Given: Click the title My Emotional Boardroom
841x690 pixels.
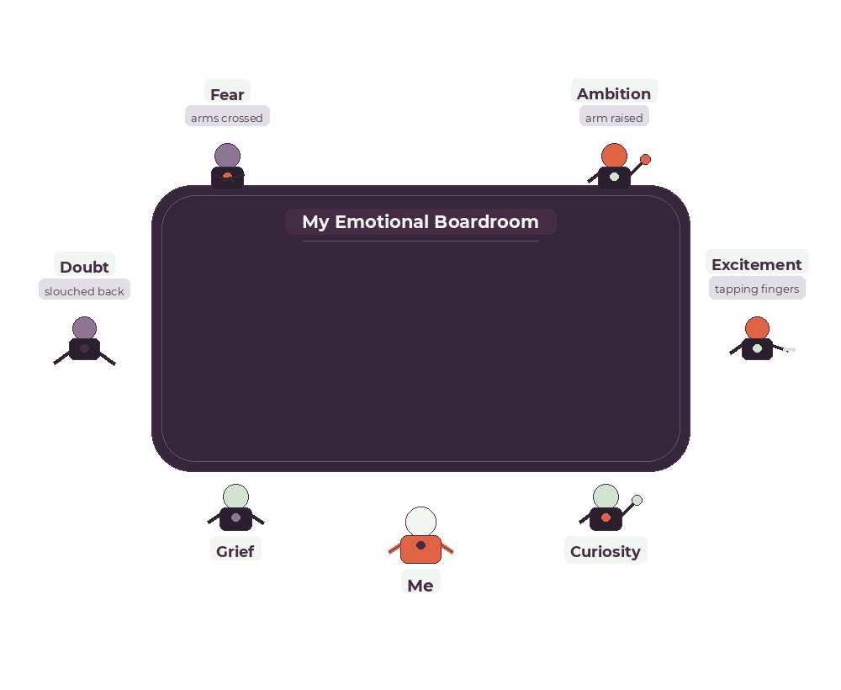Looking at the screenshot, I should click(420, 222).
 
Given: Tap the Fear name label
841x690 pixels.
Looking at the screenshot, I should click(227, 93).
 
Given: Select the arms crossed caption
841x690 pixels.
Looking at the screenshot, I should click(227, 118).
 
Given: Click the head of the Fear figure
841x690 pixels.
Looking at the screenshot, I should click(227, 156).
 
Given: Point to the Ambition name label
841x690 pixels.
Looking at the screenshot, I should click(614, 93).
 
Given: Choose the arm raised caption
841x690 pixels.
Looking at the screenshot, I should click(614, 118).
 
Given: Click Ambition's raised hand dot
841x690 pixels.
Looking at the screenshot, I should click(645, 159).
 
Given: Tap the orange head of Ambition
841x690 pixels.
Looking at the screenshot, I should click(614, 156).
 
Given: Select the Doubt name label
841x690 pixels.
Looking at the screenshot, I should click(84, 266).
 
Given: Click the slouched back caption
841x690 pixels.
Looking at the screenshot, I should click(84, 291).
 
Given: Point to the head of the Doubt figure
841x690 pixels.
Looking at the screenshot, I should click(84, 328).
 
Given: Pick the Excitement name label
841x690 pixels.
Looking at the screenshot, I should click(757, 263).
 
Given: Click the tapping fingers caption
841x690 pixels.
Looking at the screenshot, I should click(757, 289).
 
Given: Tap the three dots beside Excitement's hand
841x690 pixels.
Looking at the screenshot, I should click(789, 349).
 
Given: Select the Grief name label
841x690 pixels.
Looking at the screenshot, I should click(235, 551).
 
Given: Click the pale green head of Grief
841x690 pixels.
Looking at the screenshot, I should click(235, 496).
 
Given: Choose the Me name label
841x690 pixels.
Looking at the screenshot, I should click(420, 584).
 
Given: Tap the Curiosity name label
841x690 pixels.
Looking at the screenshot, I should click(606, 551).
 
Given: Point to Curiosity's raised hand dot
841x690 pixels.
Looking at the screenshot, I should click(637, 500).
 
